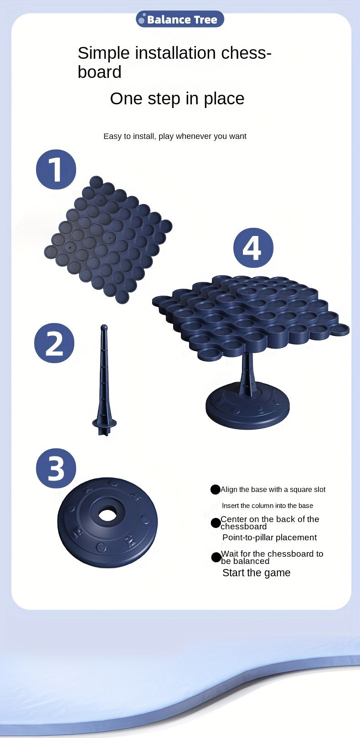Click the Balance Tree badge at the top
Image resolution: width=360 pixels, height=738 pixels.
click(x=180, y=19)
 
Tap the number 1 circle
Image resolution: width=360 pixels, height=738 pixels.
click(x=56, y=169)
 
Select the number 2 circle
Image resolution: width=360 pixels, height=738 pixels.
click(x=54, y=343)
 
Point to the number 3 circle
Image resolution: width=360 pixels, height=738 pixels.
click(x=56, y=468)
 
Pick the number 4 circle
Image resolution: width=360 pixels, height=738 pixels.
click(x=253, y=248)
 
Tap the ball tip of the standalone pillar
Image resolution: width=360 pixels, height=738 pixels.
click(x=104, y=328)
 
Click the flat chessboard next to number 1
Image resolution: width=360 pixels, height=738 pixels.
click(x=108, y=240)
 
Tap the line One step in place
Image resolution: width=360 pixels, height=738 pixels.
click(x=177, y=98)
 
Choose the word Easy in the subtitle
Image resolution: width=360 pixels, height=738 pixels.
click(x=113, y=136)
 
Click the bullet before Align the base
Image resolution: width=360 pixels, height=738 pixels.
click(x=215, y=490)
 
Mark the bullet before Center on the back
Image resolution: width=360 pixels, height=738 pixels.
click(x=216, y=523)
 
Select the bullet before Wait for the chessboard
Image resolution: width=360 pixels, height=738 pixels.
click(x=216, y=557)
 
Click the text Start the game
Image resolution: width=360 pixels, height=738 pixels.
click(x=257, y=573)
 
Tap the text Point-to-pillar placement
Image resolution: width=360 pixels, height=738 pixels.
click(x=270, y=538)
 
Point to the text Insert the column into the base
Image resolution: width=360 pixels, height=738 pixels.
click(x=267, y=505)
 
